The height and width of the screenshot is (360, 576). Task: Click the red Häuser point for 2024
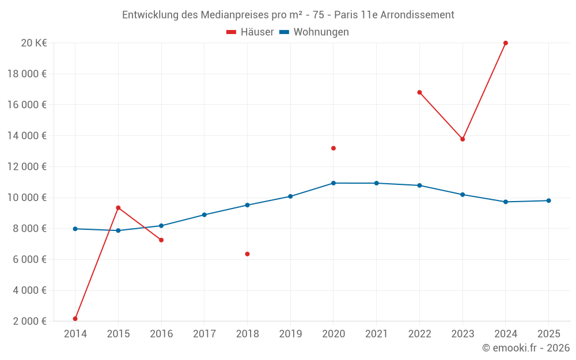506,43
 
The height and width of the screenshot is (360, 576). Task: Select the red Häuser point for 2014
75,319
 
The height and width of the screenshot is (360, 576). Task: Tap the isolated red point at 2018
247,254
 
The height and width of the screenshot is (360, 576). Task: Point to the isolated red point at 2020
334,148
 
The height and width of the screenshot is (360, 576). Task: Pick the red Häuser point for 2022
419,92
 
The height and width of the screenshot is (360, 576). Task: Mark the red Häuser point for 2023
463,139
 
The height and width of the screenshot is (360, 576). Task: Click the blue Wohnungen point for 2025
548,200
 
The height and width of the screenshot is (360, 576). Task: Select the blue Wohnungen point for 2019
290,196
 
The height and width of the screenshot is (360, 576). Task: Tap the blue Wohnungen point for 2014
75,229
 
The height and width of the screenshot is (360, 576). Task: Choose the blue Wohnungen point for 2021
377,183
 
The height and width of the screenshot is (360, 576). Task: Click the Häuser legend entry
250,32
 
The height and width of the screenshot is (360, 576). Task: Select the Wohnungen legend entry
314,32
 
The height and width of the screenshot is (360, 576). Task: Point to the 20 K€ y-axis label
34,43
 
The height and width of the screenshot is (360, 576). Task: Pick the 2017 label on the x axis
204,334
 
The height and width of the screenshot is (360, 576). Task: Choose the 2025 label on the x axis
548,334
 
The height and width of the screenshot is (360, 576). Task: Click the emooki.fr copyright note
525,348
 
